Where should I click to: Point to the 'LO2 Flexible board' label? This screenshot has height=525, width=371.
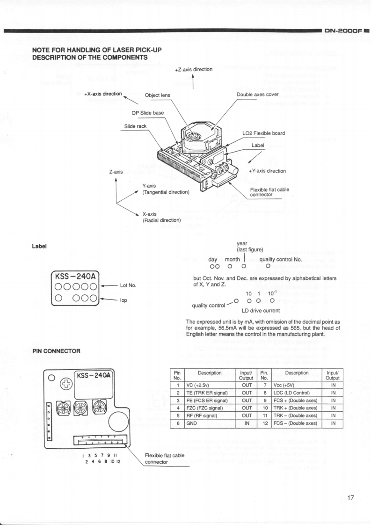click(263, 133)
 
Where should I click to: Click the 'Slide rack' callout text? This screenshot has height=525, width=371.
click(135, 126)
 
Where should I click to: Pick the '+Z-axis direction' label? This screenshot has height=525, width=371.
click(194, 69)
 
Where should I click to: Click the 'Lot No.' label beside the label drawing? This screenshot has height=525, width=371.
click(128, 284)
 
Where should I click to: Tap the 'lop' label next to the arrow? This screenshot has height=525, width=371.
click(124, 300)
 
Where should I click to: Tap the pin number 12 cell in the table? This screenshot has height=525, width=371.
click(263, 423)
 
